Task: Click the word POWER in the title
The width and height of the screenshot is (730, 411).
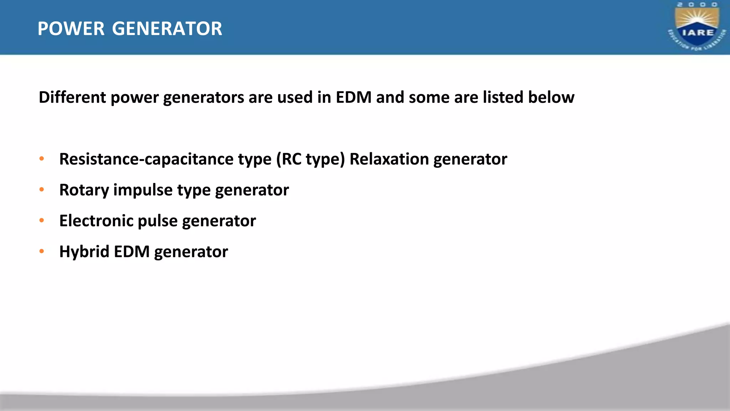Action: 71,29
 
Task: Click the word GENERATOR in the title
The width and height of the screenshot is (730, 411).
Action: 167,29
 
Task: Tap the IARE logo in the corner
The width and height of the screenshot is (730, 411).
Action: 697,26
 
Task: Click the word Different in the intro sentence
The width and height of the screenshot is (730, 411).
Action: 72,97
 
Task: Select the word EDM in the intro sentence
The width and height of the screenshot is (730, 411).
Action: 354,97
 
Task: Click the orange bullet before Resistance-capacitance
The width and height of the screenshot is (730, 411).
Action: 42,159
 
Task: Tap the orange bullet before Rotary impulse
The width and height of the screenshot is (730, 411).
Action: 42,190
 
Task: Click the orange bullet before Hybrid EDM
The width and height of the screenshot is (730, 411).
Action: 42,252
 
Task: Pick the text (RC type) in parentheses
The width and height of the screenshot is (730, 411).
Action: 310,159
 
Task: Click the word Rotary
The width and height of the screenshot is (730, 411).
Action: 84,190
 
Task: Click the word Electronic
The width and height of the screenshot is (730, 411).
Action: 96,221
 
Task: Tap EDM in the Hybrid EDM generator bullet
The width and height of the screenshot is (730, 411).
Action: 132,252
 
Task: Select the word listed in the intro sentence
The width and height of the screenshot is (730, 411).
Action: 503,97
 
